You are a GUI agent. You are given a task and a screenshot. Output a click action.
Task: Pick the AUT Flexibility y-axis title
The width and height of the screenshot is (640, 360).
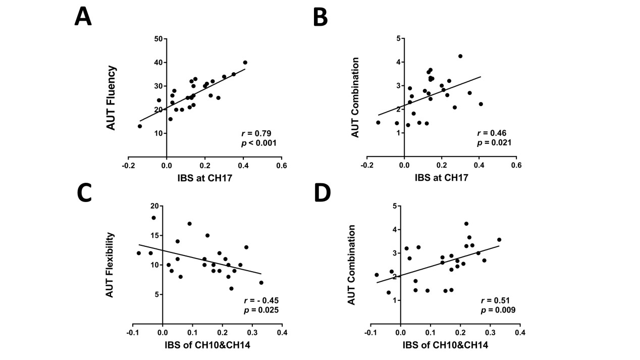click(x=111, y=264)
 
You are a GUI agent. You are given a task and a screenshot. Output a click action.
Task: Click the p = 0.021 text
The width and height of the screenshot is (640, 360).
click(x=494, y=143)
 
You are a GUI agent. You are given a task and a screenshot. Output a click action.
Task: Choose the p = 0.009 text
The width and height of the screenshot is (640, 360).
click(x=498, y=310)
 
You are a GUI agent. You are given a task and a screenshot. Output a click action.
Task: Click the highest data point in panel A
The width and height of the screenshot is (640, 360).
click(x=245, y=63)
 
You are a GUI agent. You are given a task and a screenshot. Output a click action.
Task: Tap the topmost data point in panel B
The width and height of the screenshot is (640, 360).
click(x=460, y=56)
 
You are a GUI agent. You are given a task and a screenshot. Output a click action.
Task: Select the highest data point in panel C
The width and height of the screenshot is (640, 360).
click(x=153, y=218)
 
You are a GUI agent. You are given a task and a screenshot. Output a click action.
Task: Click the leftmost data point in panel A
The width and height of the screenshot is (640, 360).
click(x=140, y=126)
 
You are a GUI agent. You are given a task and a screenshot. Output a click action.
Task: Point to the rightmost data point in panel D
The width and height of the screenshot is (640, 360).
click(x=499, y=240)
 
